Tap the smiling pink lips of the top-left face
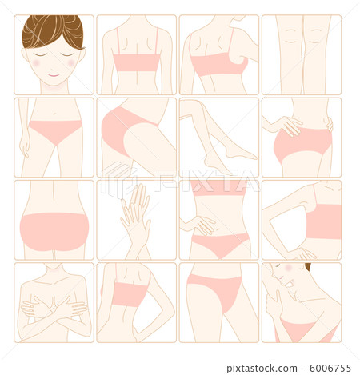pyautogui.click(x=54, y=75)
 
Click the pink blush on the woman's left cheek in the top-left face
pyautogui.click(x=71, y=62)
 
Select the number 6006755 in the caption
pyautogui.click(x=330, y=369)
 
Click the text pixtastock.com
pyautogui.click(x=262, y=369)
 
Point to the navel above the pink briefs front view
pyautogui.click(x=54, y=114)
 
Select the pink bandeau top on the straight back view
pyautogui.click(x=137, y=62)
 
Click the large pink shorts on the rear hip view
pyautogui.click(x=54, y=232)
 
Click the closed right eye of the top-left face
pyautogui.click(x=39, y=55)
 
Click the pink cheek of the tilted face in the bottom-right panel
pyautogui.click(x=289, y=268)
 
